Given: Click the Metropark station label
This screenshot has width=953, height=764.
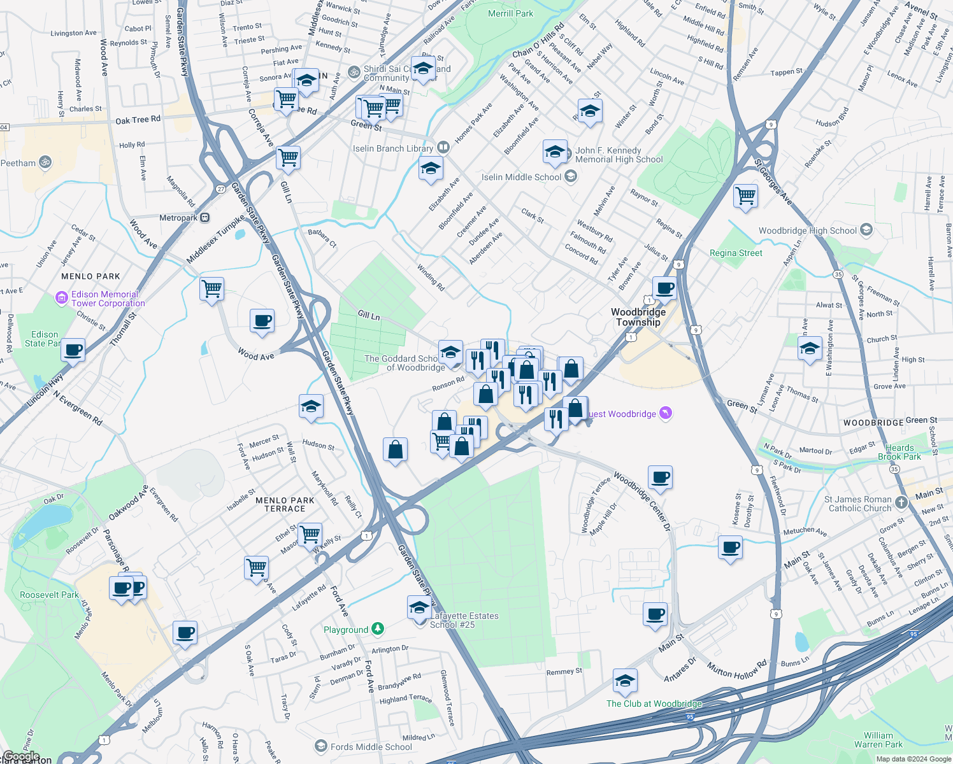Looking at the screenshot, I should pyautogui.click(x=178, y=218).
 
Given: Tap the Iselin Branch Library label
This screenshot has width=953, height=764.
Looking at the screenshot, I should pyautogui.click(x=393, y=148).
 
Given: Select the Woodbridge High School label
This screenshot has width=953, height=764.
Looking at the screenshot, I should pyautogui.click(x=808, y=230).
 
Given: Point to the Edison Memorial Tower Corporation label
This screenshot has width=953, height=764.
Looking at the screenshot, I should pyautogui.click(x=108, y=299).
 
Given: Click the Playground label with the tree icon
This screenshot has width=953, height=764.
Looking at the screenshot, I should pyautogui.click(x=346, y=630).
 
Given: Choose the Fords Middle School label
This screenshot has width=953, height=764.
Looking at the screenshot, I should pyautogui.click(x=371, y=747).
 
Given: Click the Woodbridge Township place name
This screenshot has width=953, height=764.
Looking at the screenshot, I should pyautogui.click(x=638, y=317).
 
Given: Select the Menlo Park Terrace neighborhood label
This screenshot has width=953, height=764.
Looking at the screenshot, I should pyautogui.click(x=285, y=504).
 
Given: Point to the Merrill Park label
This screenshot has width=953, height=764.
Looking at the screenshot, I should pyautogui.click(x=510, y=13).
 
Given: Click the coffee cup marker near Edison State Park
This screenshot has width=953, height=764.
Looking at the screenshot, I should pyautogui.click(x=73, y=350).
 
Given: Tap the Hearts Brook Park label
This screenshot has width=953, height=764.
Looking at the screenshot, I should pyautogui.click(x=899, y=452).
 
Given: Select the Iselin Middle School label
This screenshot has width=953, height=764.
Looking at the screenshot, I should pyautogui.click(x=522, y=177).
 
